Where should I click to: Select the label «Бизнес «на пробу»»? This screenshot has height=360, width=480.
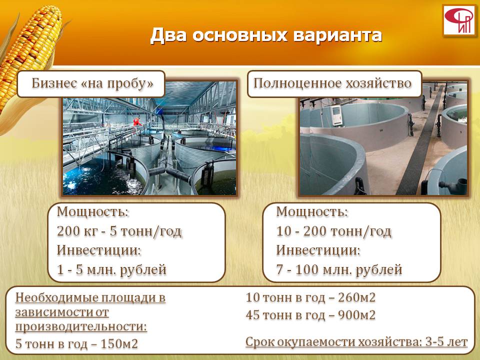tap(92, 83)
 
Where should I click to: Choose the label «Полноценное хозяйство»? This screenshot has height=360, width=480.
tap(332, 83)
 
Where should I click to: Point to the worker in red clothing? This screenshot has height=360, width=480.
tap(137, 122)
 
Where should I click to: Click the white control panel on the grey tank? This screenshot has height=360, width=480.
tap(337, 115)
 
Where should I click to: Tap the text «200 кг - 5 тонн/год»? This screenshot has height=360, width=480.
tap(119, 231)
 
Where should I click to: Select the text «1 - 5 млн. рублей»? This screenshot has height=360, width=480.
tap(111, 269)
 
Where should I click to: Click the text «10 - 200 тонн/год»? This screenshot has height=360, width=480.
tap(333, 231)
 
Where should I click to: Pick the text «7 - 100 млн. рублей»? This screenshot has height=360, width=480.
tap(339, 269)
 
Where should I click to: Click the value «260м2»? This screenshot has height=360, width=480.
tap(356, 297)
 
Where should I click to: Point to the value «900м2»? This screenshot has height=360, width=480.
tap(356, 315)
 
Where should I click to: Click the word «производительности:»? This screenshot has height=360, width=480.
tap(81, 326)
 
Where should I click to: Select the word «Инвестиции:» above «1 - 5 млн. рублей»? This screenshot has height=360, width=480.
tap(99, 250)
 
